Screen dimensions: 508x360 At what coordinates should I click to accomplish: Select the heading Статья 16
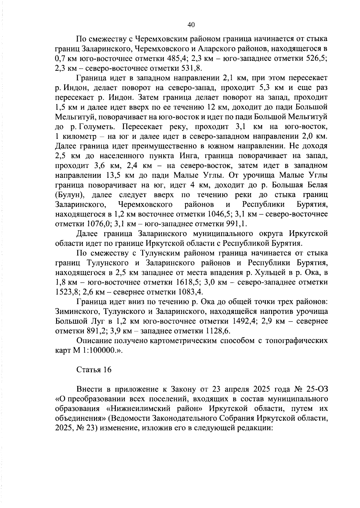94,370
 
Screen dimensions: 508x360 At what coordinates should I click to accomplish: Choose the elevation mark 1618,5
186,282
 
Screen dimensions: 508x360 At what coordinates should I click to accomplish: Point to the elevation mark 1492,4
244,321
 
